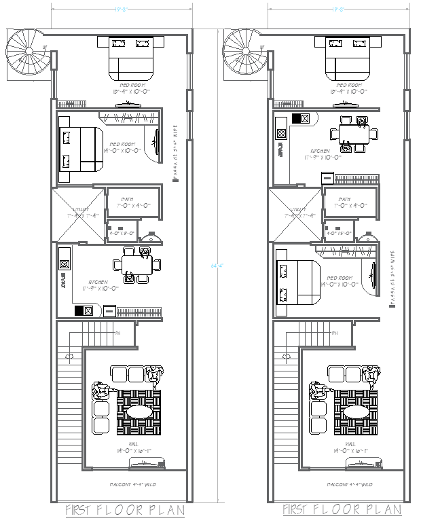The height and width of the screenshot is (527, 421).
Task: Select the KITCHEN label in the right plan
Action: [320, 151]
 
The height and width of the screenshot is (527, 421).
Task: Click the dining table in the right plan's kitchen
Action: [352, 132]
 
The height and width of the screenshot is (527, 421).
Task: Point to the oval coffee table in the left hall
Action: [138, 412]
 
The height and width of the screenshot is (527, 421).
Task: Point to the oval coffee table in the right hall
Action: [355, 412]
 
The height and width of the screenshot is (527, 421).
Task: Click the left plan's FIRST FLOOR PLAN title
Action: [124, 510]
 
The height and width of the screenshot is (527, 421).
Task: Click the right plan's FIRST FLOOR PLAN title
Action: [342, 510]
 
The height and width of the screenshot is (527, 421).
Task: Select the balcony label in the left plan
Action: [136, 484]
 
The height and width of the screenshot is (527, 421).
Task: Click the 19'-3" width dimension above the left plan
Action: [122, 9]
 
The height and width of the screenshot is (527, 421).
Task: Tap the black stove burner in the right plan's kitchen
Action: [297, 118]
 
